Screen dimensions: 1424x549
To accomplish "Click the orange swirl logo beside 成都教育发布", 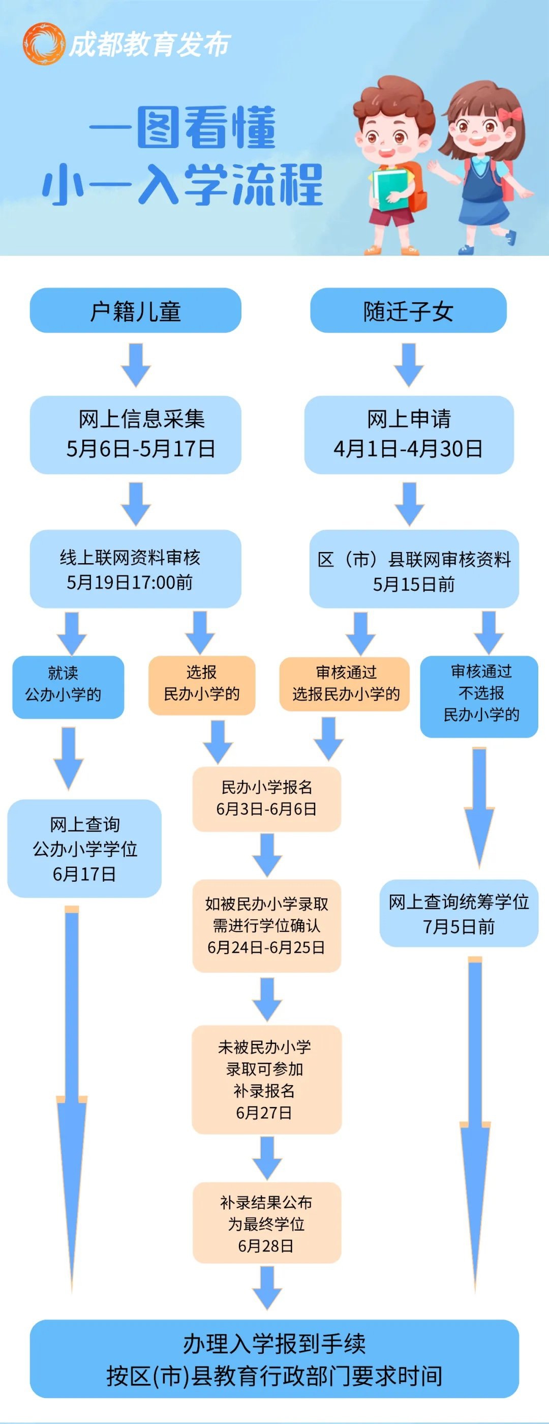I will (x=43, y=44).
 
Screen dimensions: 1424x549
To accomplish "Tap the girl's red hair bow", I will (x=510, y=114).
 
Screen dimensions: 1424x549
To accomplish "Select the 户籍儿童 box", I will (x=135, y=311).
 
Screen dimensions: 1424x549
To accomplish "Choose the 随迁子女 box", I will (x=408, y=311).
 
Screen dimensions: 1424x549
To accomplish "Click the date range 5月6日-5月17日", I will (x=141, y=448).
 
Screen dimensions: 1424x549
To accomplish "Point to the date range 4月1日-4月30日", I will (x=408, y=448).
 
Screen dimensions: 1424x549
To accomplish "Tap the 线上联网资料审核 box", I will (x=135, y=569).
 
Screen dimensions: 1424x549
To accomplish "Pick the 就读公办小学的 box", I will (x=68, y=687).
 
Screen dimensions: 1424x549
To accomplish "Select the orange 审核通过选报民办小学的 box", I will (x=345, y=684).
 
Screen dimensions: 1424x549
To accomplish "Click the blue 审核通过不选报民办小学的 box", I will (x=479, y=695).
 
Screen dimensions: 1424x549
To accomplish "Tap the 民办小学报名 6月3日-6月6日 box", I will (x=266, y=799).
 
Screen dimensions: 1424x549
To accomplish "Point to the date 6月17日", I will (x=84, y=874).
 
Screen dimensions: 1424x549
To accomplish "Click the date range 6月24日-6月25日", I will (x=266, y=947).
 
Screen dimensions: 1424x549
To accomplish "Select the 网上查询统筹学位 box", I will (x=459, y=913).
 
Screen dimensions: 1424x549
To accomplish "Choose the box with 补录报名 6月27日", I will (x=266, y=1080).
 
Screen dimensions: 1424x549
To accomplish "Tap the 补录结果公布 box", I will (x=266, y=1224).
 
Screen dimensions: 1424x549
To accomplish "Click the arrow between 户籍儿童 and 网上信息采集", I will (x=136, y=365).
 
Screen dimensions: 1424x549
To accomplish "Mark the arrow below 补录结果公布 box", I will (x=267, y=1288).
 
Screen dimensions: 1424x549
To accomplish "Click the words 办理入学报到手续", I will (x=274, y=1343).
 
